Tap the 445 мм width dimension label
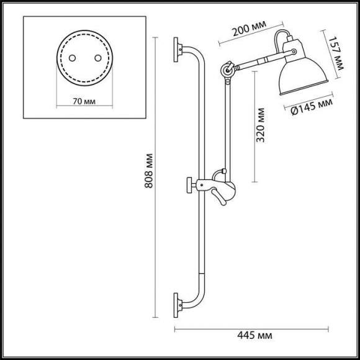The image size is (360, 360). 256,336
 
